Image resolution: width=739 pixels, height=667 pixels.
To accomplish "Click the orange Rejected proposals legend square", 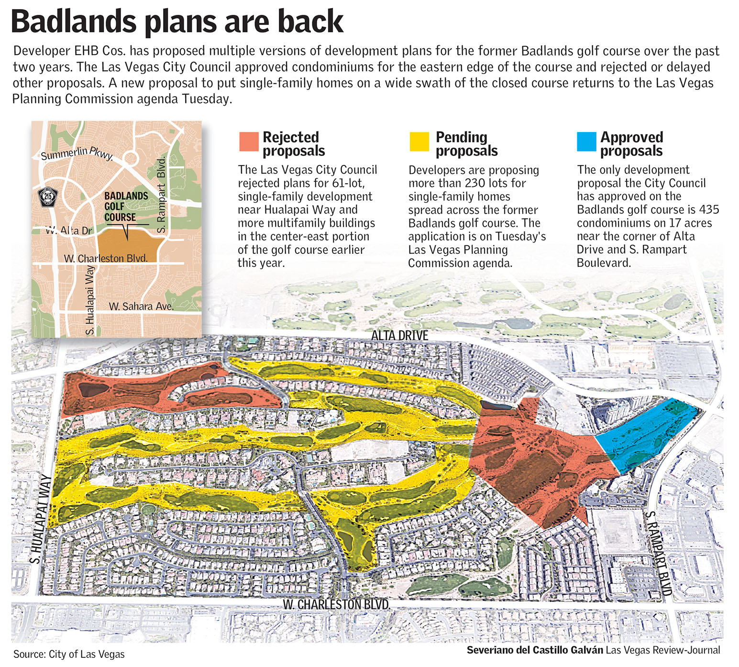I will pos(248,142).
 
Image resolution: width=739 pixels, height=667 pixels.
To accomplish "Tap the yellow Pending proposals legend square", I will pos(419,142).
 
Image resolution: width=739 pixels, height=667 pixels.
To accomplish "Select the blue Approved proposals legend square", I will pos(586,142).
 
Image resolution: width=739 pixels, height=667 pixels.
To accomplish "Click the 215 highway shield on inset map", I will pos(47,197).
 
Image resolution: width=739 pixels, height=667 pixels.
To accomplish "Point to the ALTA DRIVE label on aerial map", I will pos(399,336).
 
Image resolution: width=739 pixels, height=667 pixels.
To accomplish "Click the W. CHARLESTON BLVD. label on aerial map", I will pos(336,604).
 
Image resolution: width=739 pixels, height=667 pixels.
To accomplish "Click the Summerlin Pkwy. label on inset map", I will pos(77,153).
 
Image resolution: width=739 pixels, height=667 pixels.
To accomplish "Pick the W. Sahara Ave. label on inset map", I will pos(141,306).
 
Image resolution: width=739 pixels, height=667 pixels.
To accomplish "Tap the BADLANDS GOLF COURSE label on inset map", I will pos(126,207).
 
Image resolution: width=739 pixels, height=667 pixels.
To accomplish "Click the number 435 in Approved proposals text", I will pos(708,209).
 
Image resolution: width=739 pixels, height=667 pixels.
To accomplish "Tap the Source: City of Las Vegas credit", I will pos(69,654).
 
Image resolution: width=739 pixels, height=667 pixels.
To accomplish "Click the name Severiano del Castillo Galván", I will pos(535,650).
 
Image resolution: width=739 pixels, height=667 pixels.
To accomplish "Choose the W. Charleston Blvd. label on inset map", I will pos(106,258).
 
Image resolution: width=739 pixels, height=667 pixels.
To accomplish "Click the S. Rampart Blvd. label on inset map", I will pos(162,195).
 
